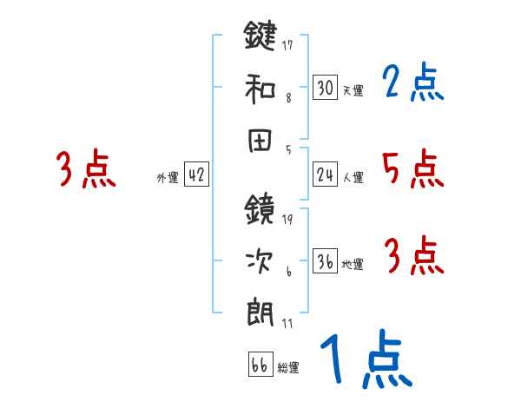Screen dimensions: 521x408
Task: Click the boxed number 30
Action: pos(325,87)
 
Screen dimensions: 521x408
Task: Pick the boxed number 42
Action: pos(196,175)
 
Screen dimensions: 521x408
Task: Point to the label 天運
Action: pos(353,90)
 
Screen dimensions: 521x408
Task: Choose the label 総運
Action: pos(288,368)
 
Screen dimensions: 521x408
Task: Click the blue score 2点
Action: pos(412,83)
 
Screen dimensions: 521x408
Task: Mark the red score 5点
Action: pos(412,168)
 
